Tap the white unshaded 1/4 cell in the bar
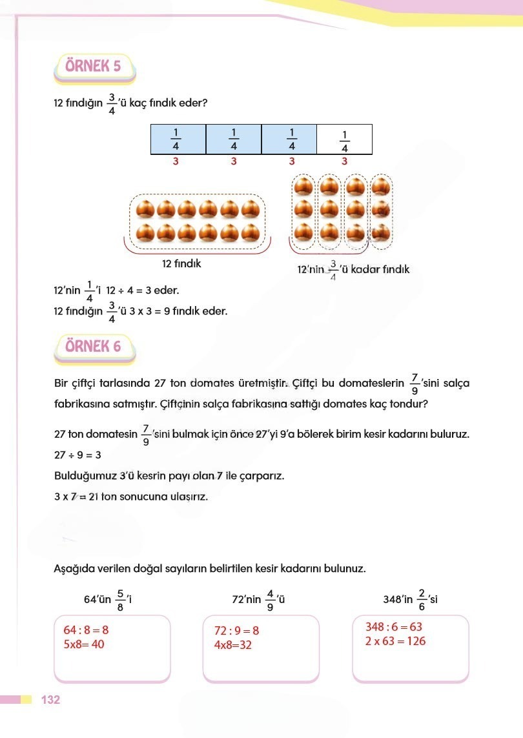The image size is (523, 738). pyautogui.click(x=345, y=139)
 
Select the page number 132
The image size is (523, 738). pyautogui.click(x=50, y=700)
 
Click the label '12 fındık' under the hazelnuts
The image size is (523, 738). pyautogui.click(x=181, y=263)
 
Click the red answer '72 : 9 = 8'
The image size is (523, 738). pyautogui.click(x=236, y=630)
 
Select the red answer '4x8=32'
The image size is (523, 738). pyautogui.click(x=232, y=645)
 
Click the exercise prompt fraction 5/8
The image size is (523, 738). pyautogui.click(x=120, y=599)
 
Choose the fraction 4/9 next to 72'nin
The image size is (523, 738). pyautogui.click(x=271, y=599)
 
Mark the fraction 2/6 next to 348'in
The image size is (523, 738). pyautogui.click(x=422, y=599)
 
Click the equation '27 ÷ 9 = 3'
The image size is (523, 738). pyautogui.click(x=77, y=455)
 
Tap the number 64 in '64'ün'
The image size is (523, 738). pyautogui.click(x=90, y=599)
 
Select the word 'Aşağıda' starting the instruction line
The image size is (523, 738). pyautogui.click(x=73, y=569)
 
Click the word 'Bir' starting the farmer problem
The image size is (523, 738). pyautogui.click(x=61, y=384)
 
